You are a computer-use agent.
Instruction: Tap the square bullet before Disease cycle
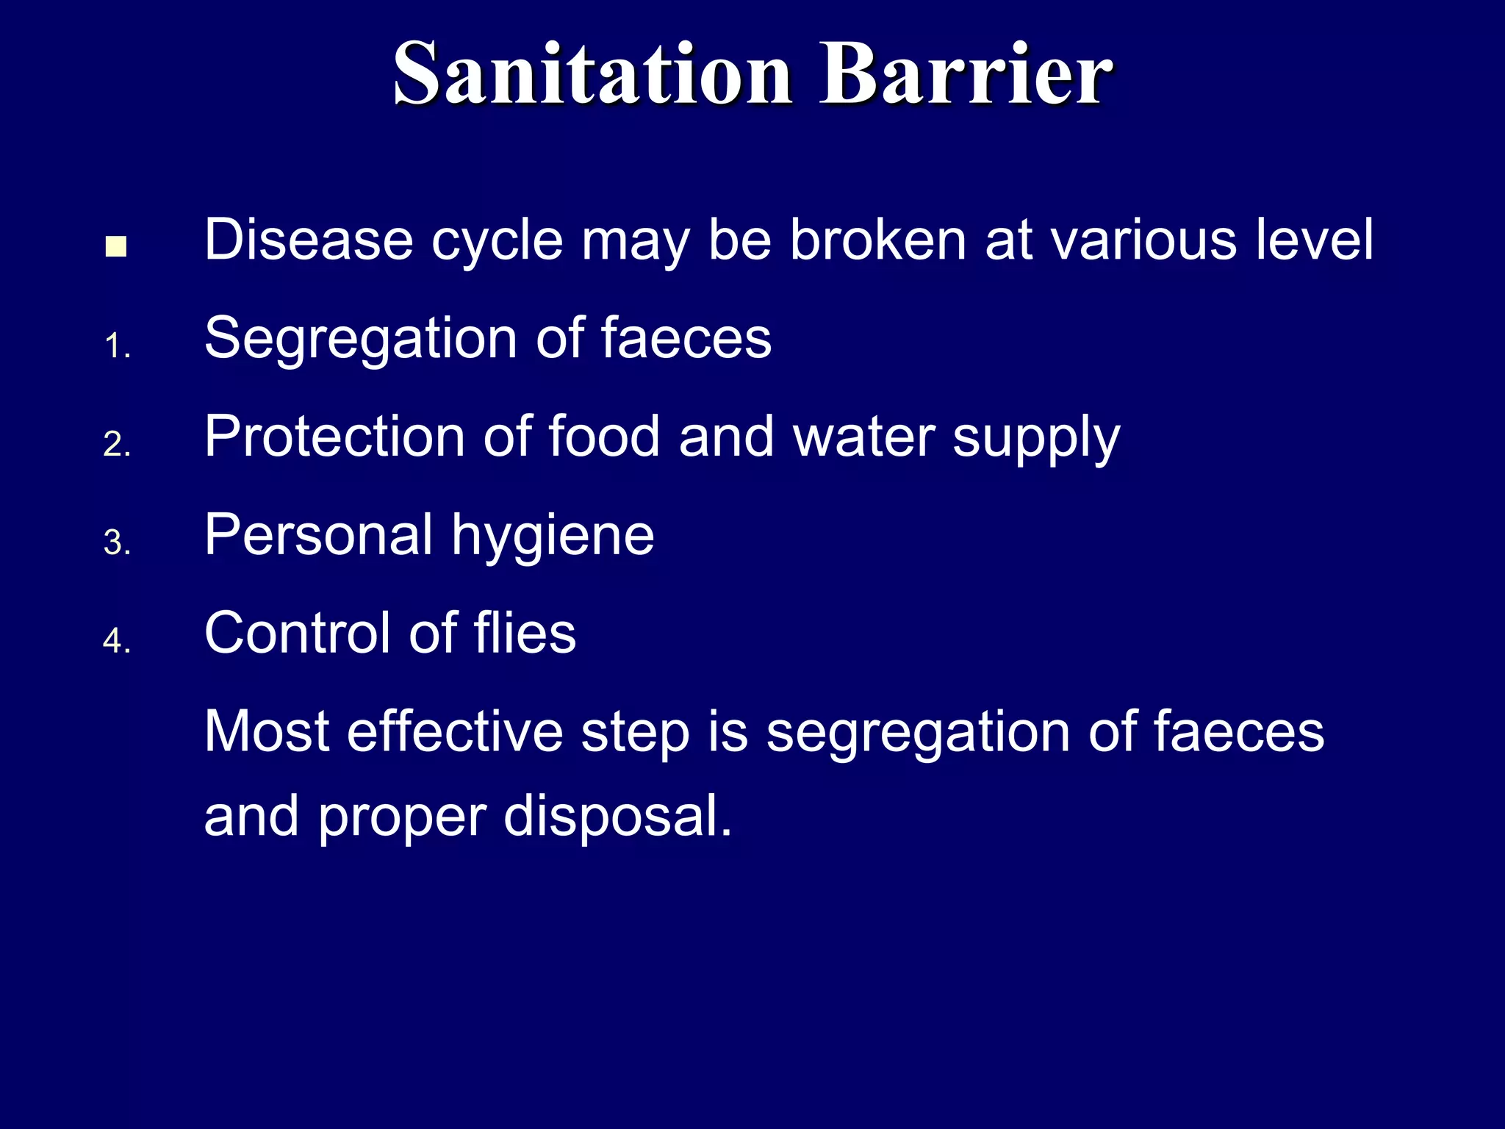coord(116,246)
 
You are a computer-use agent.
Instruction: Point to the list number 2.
coord(117,445)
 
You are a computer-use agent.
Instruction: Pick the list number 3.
coord(117,543)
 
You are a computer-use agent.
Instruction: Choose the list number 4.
coord(117,641)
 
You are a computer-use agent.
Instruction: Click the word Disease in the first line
coord(309,240)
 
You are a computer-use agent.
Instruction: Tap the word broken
coord(877,240)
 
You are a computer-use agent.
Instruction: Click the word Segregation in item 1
coord(361,340)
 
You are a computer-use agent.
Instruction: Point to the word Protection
coord(334,437)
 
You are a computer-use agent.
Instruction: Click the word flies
coord(525,633)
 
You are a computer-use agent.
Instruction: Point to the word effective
coord(455,732)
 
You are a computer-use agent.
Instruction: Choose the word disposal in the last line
coord(617,817)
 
